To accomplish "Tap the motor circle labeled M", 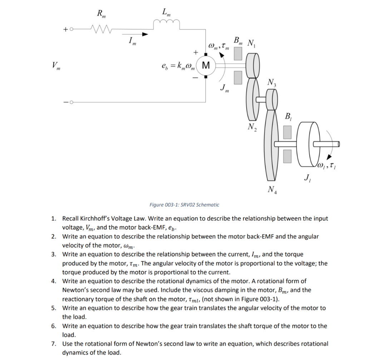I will (x=206, y=65).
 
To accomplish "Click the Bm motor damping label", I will (x=237, y=40).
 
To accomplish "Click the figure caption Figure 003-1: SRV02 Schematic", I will (x=184, y=205).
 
